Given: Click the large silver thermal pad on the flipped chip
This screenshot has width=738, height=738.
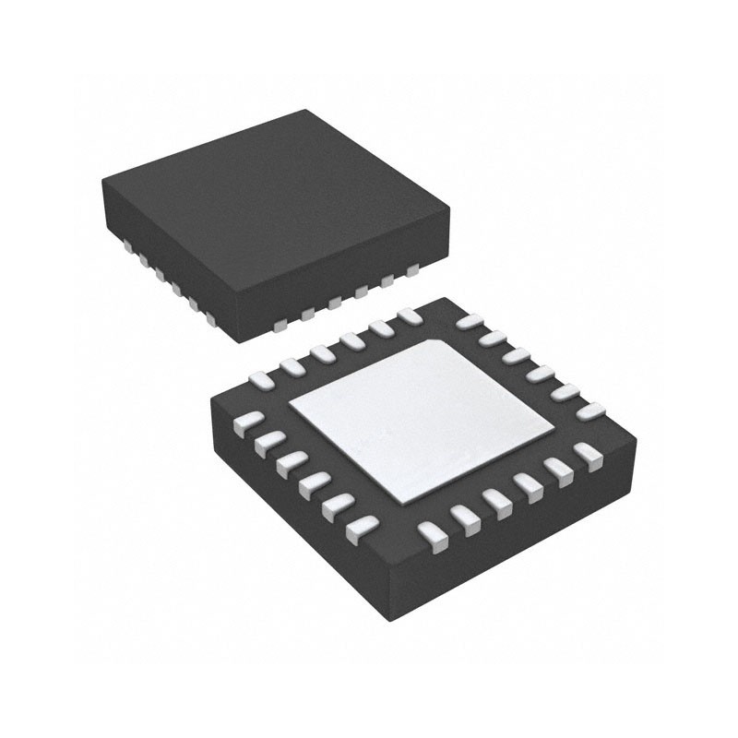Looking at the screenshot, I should [x=420, y=420].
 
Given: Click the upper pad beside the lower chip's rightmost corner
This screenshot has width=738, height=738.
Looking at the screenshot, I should [x=585, y=410].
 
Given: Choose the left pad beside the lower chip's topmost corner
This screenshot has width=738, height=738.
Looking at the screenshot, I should [x=410, y=316].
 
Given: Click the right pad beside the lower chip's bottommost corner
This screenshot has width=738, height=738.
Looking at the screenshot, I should [x=432, y=535].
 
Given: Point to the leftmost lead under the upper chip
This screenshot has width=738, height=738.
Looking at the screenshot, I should [x=125, y=244].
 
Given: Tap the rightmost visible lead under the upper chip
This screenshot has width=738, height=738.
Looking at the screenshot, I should [x=412, y=270].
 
